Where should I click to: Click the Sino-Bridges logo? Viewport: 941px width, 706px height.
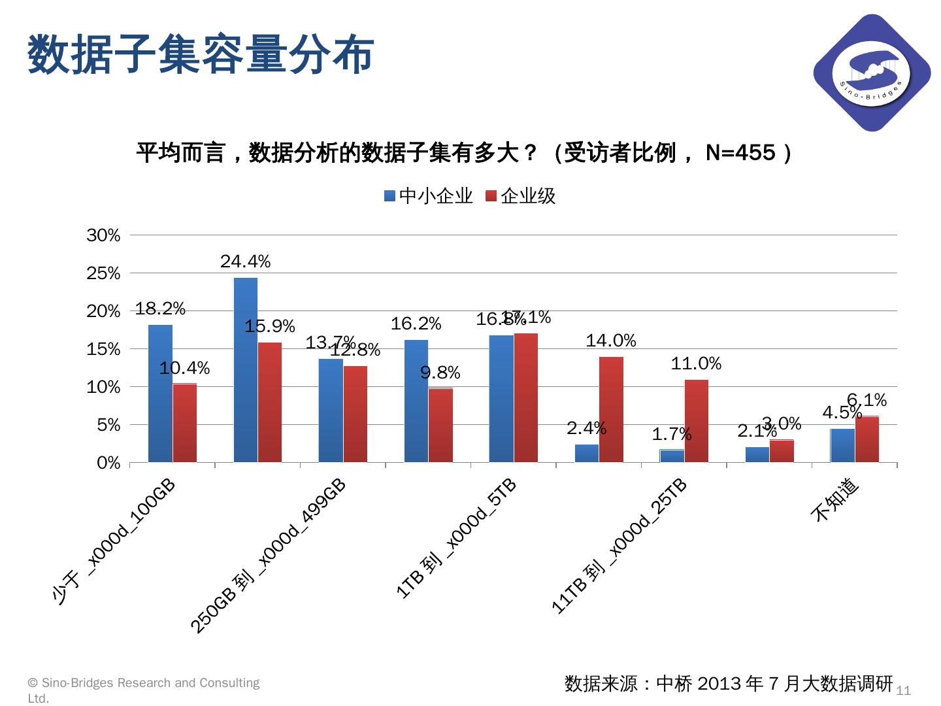pos(872,73)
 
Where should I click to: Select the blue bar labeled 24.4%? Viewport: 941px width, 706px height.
pos(246,370)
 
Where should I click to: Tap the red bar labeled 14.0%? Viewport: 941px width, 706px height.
pos(611,410)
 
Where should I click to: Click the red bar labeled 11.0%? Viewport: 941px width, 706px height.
pos(696,421)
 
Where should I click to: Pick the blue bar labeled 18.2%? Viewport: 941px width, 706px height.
pos(161,394)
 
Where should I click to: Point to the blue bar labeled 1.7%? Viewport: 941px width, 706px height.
pos(672,456)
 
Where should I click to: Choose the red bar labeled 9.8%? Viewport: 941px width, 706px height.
pos(440,426)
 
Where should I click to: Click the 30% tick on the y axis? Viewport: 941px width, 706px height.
pos(104,235)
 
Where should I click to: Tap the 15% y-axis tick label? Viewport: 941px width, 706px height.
pos(104,349)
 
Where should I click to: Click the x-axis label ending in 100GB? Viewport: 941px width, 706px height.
pos(114,542)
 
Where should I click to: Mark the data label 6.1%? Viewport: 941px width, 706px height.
pos(867,399)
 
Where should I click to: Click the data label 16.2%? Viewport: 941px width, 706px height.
pos(416,324)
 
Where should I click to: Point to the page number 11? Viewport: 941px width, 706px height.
pos(904,690)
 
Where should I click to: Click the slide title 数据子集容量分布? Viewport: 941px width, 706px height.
pos(201,55)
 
